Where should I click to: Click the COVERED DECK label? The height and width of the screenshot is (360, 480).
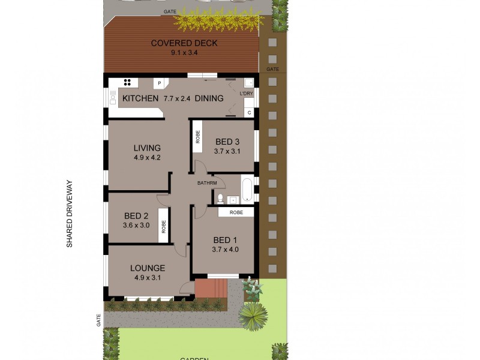pyautogui.click(x=184, y=43)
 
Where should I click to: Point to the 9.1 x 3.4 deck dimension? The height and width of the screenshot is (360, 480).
pyautogui.click(x=184, y=53)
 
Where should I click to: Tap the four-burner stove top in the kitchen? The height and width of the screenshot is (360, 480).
pyautogui.click(x=127, y=83)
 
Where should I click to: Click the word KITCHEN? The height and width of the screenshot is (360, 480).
pyautogui.click(x=140, y=98)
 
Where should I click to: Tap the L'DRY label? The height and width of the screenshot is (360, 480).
pyautogui.click(x=247, y=94)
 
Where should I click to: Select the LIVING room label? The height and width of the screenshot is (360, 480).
pyautogui.click(x=147, y=148)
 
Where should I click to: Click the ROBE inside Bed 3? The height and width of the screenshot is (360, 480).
pyautogui.click(x=197, y=137)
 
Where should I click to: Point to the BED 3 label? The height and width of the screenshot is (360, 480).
pyautogui.click(x=227, y=142)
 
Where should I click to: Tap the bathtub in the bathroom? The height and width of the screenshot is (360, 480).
pyautogui.click(x=247, y=188)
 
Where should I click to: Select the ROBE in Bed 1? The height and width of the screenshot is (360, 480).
pyautogui.click(x=236, y=212)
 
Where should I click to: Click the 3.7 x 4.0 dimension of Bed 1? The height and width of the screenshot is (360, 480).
pyautogui.click(x=226, y=250)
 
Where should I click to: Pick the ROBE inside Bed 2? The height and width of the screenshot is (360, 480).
pyautogui.click(x=163, y=226)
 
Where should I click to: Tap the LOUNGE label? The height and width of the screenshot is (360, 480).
pyautogui.click(x=148, y=268)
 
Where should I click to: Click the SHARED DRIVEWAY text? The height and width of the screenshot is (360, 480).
pyautogui.click(x=69, y=214)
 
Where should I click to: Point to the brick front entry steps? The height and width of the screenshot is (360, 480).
pyautogui.click(x=211, y=289)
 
